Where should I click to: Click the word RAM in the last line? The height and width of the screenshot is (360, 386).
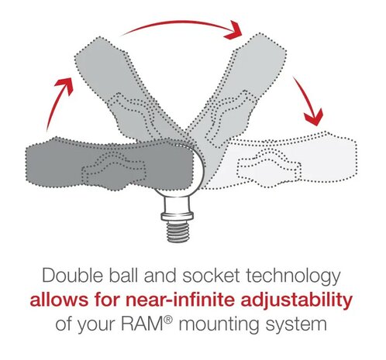point(142,324)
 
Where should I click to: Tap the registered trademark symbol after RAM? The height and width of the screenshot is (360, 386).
point(167,320)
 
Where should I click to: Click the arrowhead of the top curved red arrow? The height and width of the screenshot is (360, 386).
point(234,30)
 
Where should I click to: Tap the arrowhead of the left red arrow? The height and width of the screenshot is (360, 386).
point(64,84)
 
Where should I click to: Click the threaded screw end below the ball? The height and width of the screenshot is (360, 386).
point(177,231)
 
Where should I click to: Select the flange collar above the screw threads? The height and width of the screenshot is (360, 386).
point(177,216)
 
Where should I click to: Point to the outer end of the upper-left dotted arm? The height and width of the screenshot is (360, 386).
point(99,49)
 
